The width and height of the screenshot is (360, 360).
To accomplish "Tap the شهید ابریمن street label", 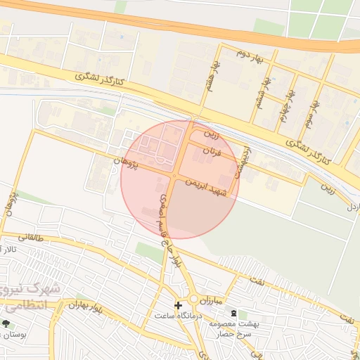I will click(207, 187).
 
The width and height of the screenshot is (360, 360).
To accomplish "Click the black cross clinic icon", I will click(178, 305).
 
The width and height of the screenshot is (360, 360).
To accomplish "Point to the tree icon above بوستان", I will click(6, 323).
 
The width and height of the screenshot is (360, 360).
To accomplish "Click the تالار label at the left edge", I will click(9, 250).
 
